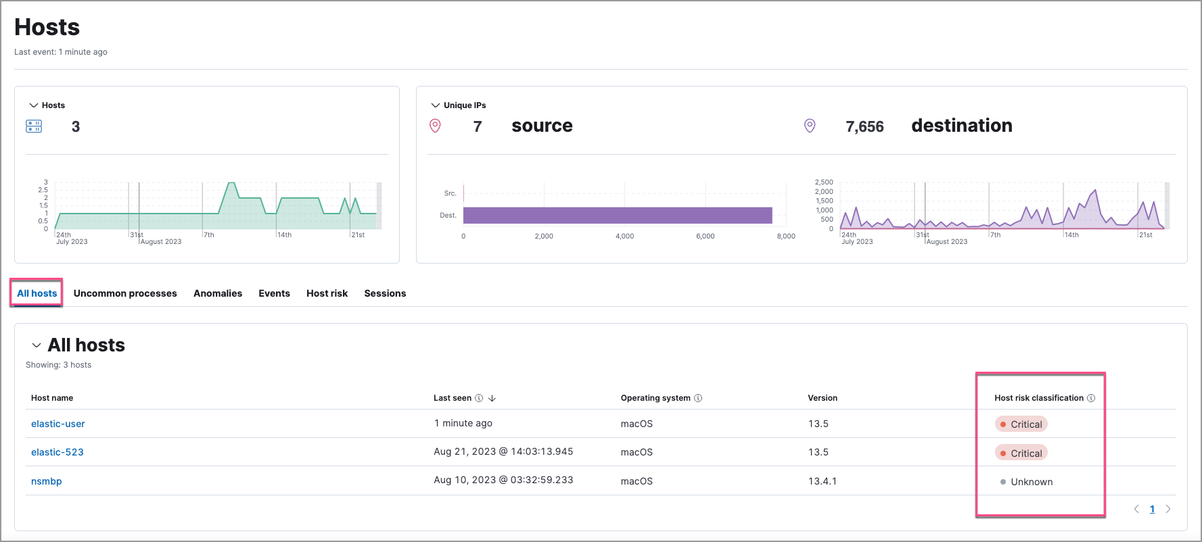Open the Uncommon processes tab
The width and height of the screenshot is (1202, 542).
click(x=125, y=293)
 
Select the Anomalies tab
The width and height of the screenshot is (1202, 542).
click(x=218, y=293)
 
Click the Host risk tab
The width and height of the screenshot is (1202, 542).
click(x=327, y=293)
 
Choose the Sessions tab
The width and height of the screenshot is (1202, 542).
click(x=385, y=293)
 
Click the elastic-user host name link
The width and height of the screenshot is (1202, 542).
click(x=58, y=424)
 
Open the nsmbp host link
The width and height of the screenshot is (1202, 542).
click(x=47, y=481)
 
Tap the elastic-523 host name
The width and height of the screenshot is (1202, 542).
click(x=57, y=452)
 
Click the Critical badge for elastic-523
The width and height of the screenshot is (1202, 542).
click(x=1021, y=453)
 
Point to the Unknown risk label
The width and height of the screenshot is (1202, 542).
click(x=1031, y=482)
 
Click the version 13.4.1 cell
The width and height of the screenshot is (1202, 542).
click(x=822, y=481)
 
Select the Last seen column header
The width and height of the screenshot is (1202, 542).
click(x=453, y=398)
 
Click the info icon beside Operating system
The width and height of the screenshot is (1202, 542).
click(x=698, y=398)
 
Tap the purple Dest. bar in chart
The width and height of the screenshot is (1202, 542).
click(x=617, y=216)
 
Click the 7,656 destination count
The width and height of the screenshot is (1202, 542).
click(x=864, y=126)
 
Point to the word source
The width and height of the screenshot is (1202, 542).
click(x=542, y=126)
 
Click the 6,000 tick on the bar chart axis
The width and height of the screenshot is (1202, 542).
click(x=705, y=237)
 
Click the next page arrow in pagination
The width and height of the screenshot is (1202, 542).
click(x=1168, y=509)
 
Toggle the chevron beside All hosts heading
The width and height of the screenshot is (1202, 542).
click(x=37, y=345)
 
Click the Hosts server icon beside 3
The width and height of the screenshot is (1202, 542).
click(x=34, y=126)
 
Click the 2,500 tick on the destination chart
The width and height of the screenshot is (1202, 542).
click(x=824, y=182)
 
